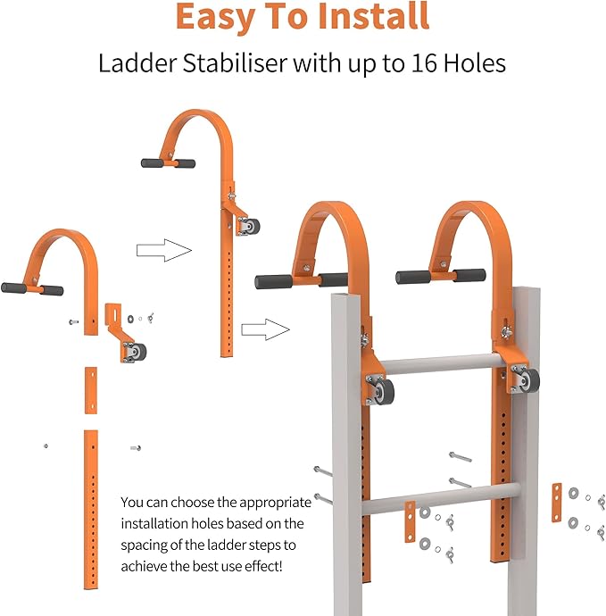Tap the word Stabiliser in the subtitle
[235, 63]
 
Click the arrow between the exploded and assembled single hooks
[164, 250]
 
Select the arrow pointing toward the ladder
[265, 329]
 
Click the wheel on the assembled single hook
[253, 227]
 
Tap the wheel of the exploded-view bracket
[138, 352]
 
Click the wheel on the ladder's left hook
[384, 391]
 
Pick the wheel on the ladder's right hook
[530, 380]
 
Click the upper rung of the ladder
[441, 363]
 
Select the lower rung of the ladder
[440, 499]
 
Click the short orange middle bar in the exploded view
[91, 390]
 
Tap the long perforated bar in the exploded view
[91, 510]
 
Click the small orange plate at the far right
[557, 503]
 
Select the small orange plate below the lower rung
[410, 521]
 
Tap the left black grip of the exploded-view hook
[13, 288]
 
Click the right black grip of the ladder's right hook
[470, 275]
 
